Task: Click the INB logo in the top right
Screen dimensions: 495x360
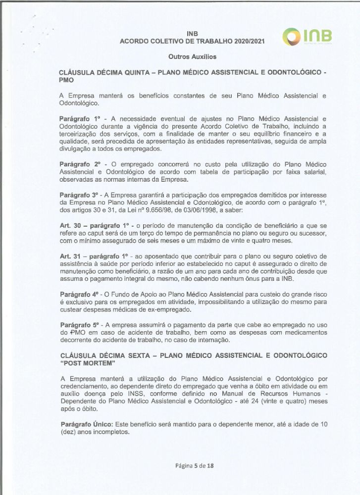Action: tap(308, 37)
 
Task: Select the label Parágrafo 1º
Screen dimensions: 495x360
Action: tap(79, 119)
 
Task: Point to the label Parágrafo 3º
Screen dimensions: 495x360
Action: tap(79, 195)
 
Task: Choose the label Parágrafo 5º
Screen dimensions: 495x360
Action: tap(79, 324)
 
